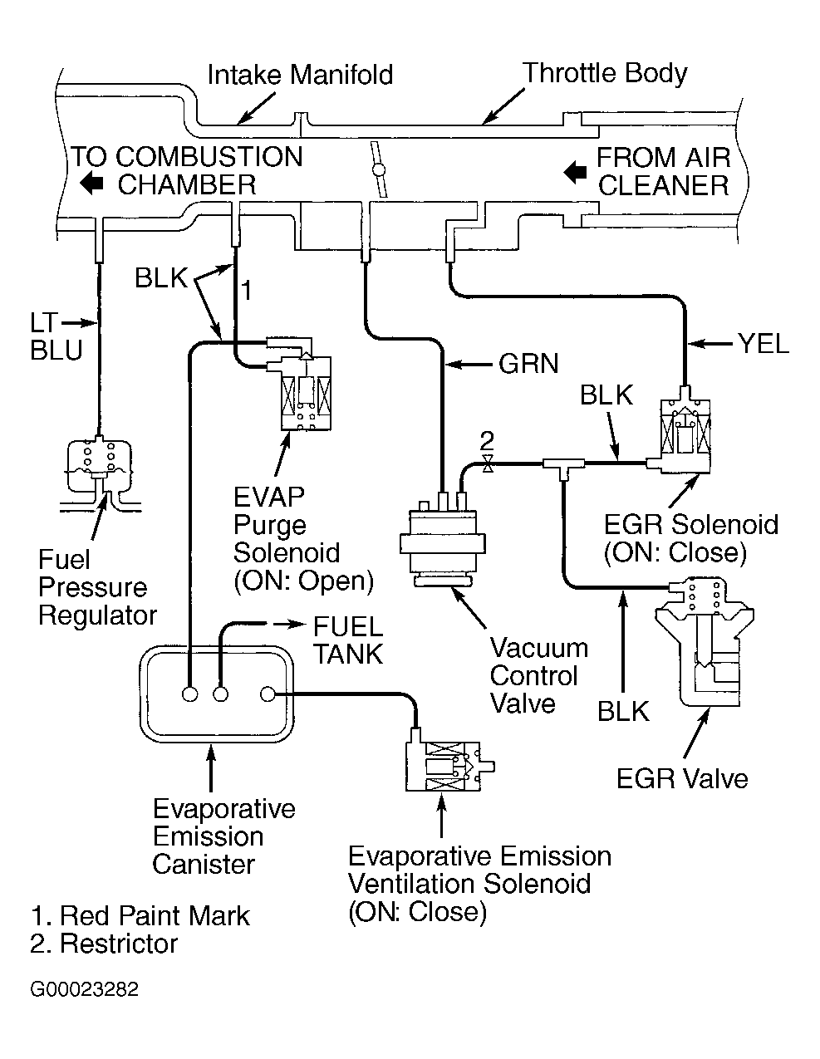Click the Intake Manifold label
(300, 75)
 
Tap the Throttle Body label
(605, 73)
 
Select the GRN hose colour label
(528, 363)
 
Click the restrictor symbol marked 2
(488, 463)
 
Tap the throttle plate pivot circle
(380, 169)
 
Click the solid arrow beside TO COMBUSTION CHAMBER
(91, 184)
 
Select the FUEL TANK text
(347, 640)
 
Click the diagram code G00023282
(84, 990)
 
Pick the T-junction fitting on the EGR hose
(562, 465)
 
